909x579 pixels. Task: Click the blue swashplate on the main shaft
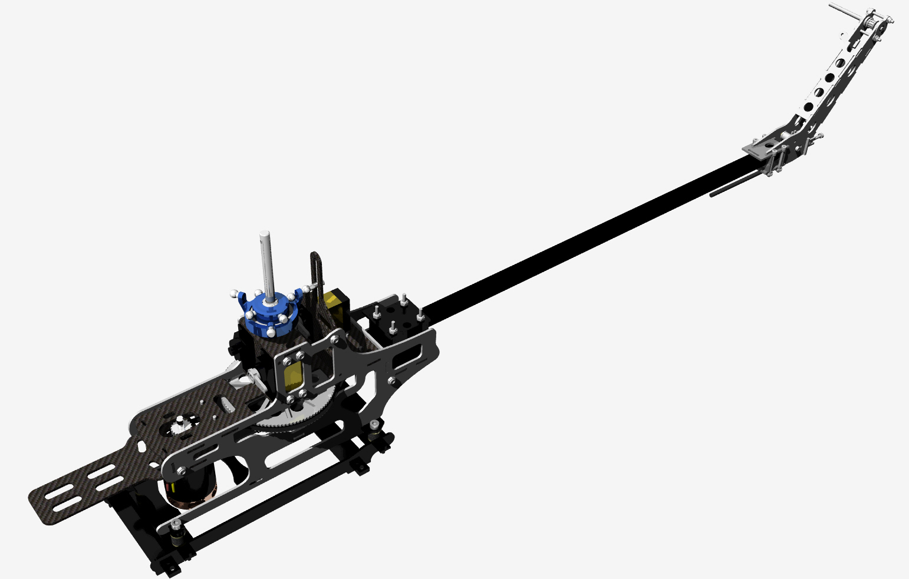tap(268, 312)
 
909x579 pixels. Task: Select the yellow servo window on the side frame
tap(292, 377)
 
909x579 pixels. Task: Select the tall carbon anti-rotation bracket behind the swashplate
tap(317, 277)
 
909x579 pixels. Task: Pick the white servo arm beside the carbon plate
tap(251, 377)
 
